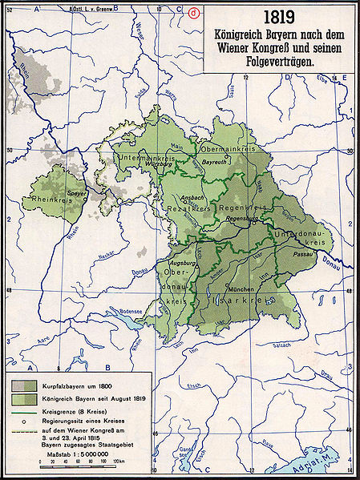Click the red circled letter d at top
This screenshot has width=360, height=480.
pos(193,10)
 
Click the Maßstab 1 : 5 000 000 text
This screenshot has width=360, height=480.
pos(78,454)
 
